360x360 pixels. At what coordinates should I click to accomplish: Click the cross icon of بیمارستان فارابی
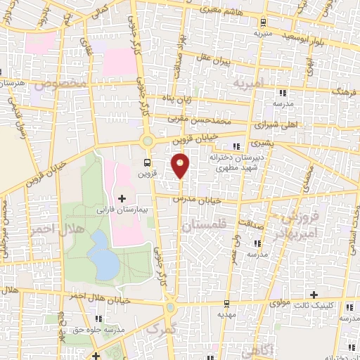coord(123,198)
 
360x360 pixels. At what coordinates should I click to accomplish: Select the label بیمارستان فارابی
coord(122,210)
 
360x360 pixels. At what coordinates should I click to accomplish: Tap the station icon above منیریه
coord(262,21)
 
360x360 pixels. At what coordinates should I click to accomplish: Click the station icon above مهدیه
coord(225,304)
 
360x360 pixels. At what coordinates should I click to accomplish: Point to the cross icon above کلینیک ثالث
coord(314,294)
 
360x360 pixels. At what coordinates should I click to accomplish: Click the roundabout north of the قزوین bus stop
coord(148,141)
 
